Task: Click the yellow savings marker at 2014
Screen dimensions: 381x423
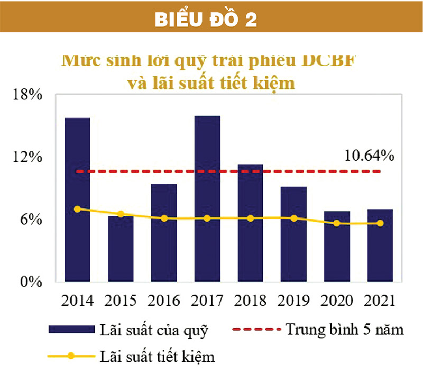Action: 77,209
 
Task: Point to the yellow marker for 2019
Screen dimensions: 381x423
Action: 293,218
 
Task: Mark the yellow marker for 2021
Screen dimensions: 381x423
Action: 380,223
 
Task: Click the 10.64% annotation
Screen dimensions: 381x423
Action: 369,156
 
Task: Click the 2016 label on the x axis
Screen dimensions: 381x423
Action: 164,301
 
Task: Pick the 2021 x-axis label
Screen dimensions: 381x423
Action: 380,301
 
